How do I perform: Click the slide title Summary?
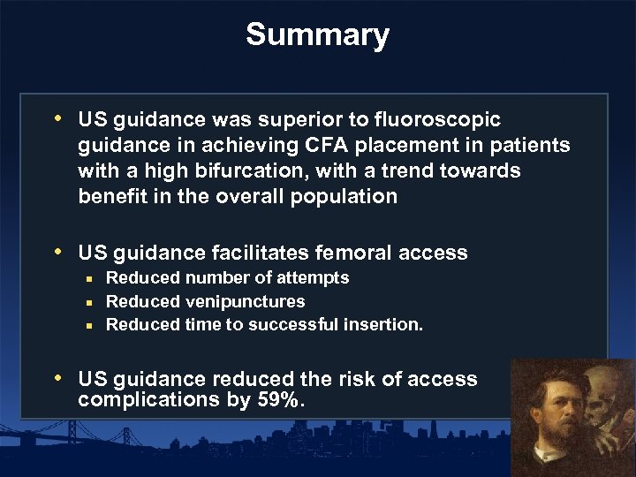[317, 34]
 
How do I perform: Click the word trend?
[406, 170]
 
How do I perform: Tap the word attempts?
[314, 278]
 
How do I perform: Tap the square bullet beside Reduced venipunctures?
[89, 302]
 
